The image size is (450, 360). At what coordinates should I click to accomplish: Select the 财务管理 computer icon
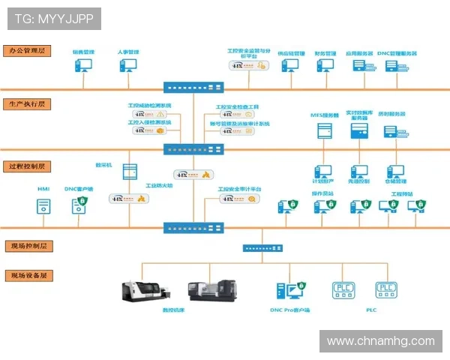(325, 66)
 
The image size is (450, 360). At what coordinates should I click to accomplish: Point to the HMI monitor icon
(43, 204)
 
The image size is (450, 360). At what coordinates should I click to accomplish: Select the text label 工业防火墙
(158, 185)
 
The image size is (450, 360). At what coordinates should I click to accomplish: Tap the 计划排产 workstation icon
(322, 172)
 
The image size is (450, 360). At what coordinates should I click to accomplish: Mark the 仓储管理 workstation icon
(395, 172)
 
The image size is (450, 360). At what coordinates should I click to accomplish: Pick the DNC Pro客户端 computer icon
(290, 291)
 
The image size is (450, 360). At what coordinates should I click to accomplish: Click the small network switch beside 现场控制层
(261, 248)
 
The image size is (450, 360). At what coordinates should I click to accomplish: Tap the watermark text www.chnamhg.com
(381, 341)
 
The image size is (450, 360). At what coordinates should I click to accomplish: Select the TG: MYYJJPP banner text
(53, 18)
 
